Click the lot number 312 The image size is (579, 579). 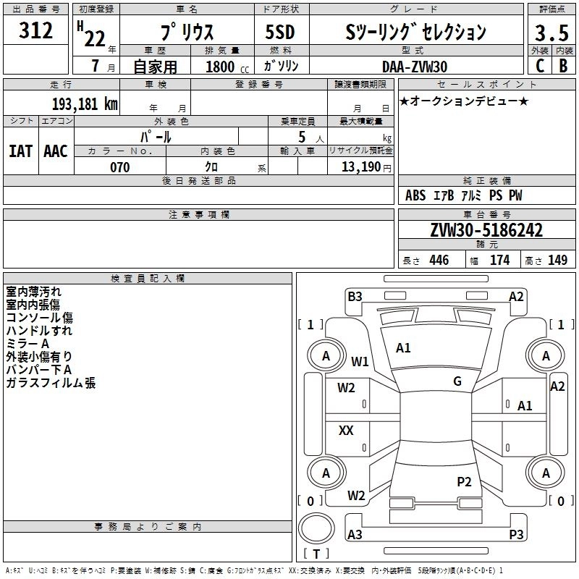click(x=35, y=30)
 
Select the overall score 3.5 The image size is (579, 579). click(x=551, y=33)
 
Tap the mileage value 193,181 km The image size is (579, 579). click(x=85, y=103)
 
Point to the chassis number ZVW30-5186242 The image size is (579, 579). click(x=486, y=230)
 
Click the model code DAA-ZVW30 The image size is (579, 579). click(x=415, y=67)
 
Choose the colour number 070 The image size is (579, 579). click(x=120, y=167)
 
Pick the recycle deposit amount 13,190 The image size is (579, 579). click(x=360, y=166)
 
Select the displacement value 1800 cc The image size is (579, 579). click(x=227, y=67)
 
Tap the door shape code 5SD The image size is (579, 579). click(x=280, y=32)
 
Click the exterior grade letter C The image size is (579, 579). click(x=540, y=66)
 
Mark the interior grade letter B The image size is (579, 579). click(x=563, y=66)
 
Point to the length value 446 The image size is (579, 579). click(x=439, y=260)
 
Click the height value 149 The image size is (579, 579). click(x=557, y=260)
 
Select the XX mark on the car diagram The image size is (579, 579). click(x=346, y=430)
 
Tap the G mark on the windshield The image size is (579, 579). click(x=457, y=381)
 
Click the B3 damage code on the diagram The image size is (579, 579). click(x=355, y=297)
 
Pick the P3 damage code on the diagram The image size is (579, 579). click(x=516, y=534)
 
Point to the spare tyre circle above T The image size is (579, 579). click(x=316, y=528)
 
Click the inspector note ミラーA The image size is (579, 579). click(x=28, y=343)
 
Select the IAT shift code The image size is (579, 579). click(x=21, y=151)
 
